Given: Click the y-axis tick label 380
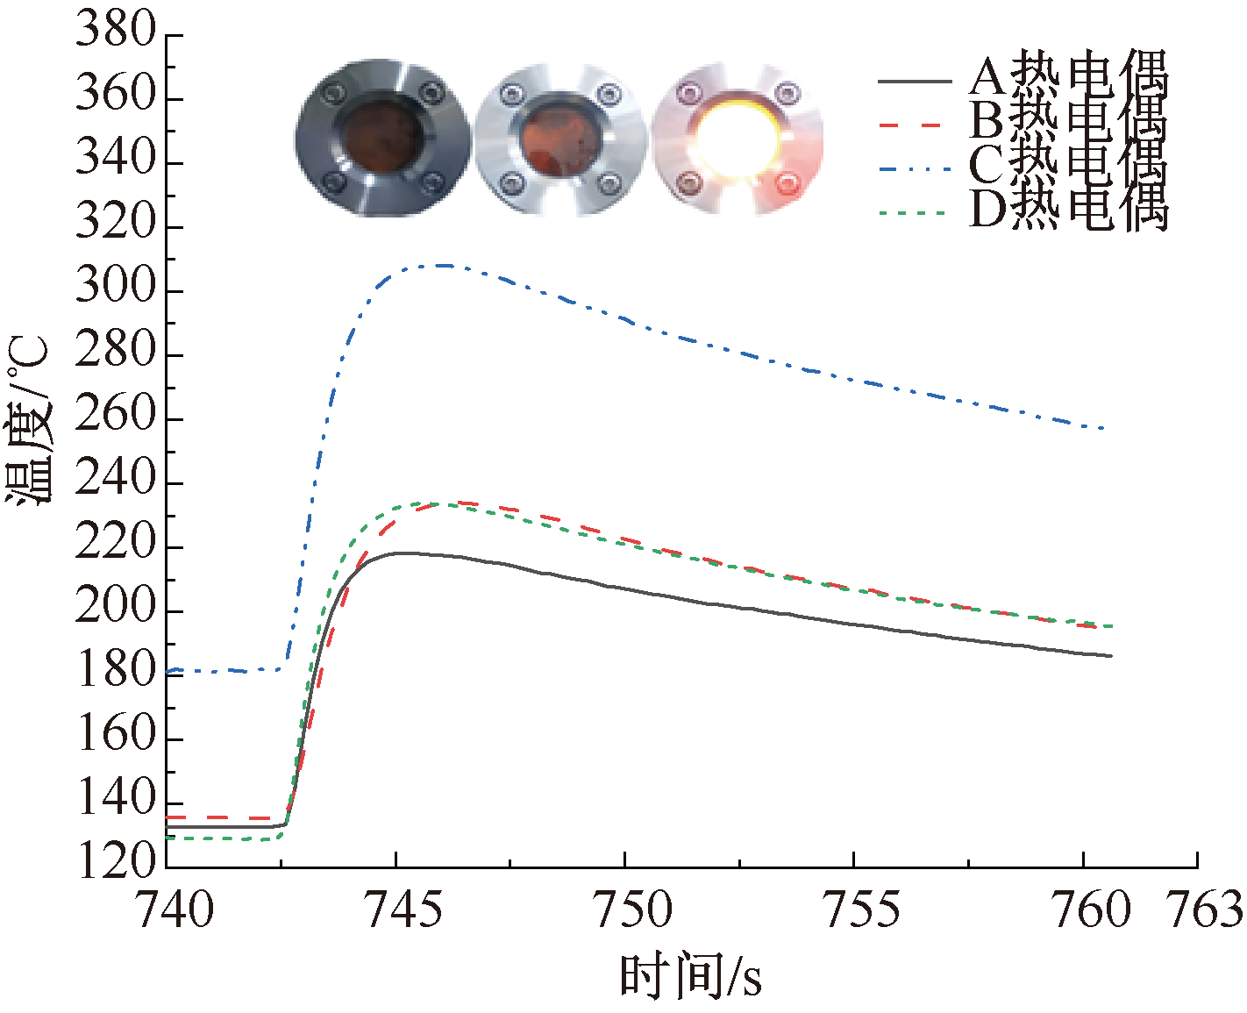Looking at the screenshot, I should [115, 32].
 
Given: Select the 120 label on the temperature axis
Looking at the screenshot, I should [115, 864].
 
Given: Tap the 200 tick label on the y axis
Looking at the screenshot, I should [115, 608].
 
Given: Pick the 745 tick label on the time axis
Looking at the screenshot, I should [403, 910].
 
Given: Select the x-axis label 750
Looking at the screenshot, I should [632, 910].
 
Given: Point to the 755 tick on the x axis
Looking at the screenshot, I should [861, 910].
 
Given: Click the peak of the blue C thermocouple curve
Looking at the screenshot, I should [443, 265].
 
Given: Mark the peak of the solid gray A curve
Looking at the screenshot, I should [400, 553].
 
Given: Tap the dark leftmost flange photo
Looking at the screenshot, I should [381, 138].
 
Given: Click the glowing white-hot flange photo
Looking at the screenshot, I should [738, 138].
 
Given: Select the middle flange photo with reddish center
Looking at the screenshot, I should [559, 138].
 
